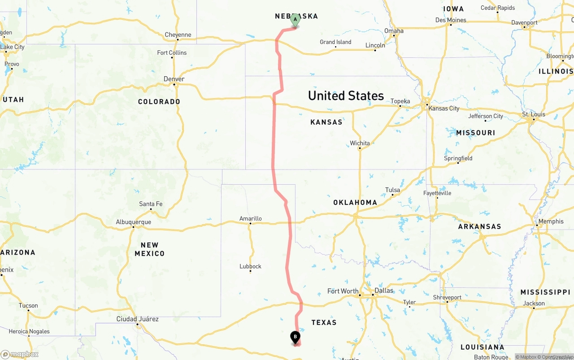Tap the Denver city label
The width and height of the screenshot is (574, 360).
[174, 79]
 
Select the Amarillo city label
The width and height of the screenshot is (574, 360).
[250, 219]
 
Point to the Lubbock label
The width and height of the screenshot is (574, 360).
[250, 266]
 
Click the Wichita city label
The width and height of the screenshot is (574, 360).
[360, 143]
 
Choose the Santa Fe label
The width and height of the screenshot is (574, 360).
[151, 204]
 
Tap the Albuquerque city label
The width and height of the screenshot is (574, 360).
[134, 222]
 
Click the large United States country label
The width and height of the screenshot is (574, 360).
[346, 95]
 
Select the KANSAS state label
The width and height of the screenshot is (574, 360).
[326, 122]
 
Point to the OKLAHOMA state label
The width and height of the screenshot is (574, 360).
[355, 203]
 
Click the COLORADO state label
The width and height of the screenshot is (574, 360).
[159, 102]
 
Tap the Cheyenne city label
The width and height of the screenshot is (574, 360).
[178, 35]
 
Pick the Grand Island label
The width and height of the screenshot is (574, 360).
[335, 42]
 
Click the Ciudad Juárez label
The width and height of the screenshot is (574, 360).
[137, 319]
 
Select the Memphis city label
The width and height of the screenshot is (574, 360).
[551, 221]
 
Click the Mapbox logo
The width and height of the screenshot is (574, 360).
[20, 354]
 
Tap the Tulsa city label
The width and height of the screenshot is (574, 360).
[392, 190]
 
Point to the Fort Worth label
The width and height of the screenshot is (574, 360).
[343, 291]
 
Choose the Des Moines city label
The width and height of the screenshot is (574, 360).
[451, 20]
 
